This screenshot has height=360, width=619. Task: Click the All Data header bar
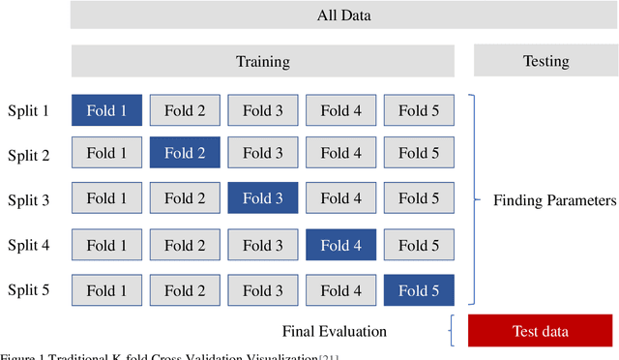pos(343,15)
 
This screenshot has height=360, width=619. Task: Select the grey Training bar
pos(262,62)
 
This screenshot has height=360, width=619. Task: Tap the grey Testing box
pos(545,62)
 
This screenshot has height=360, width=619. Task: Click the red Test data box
pos(540,331)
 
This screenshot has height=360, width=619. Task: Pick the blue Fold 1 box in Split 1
pos(106,110)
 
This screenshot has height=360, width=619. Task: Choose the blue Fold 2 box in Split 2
pos(185,153)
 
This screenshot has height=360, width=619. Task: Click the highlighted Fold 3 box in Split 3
pos(263,199)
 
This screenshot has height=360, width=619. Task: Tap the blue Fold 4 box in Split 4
pos(340,246)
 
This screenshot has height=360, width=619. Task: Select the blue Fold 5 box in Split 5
pos(419,289)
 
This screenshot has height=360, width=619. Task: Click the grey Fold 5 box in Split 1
pos(419,110)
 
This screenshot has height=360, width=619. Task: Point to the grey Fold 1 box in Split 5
pos(106,289)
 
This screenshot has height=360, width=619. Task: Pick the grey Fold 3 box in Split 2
pos(263,153)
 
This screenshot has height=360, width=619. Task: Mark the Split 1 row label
pos(28,110)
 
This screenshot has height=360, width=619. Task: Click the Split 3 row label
pos(28,200)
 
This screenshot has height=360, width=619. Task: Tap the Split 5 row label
pos(28,289)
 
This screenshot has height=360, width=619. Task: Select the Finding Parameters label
pos(554,201)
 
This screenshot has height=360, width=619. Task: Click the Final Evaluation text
pos(335,332)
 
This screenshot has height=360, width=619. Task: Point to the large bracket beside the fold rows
pos(473,200)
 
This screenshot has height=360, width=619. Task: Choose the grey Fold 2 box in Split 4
pos(185,246)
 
